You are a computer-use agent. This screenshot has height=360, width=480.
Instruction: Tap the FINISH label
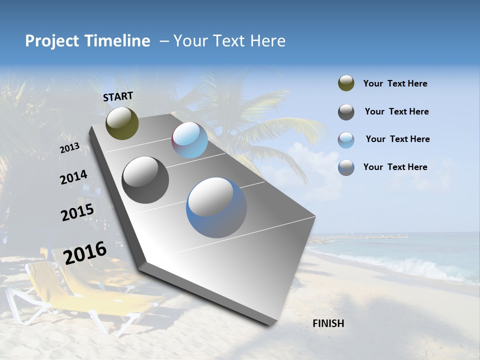(x=328, y=323)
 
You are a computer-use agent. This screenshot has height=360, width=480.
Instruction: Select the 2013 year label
(x=69, y=148)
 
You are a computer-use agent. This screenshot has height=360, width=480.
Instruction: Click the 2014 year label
(x=73, y=177)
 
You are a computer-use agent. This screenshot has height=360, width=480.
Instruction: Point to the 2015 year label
(x=77, y=212)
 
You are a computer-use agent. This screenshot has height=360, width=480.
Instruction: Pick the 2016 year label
(x=85, y=253)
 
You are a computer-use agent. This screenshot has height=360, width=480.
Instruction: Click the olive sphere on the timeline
(x=122, y=123)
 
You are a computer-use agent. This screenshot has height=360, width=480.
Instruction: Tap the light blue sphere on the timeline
(x=189, y=140)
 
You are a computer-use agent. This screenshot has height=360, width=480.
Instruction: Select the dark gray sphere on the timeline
(x=145, y=180)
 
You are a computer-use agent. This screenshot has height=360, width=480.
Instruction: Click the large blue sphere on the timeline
(x=216, y=207)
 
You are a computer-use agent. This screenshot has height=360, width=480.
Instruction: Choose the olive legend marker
(x=346, y=83)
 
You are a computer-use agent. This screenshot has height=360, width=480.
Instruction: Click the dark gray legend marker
(x=346, y=112)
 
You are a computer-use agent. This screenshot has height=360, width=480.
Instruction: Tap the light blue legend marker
(x=346, y=140)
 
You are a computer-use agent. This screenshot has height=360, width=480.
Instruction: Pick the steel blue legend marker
(x=346, y=167)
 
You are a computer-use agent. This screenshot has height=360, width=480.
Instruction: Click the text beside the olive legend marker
(x=395, y=83)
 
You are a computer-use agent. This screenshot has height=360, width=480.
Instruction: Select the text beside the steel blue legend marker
(x=395, y=167)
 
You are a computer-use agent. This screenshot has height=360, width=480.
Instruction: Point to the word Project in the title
(x=51, y=41)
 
